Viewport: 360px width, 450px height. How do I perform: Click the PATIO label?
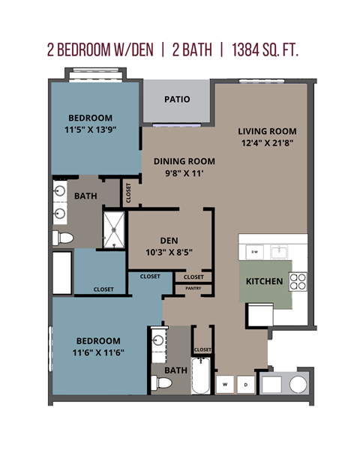point(177,99)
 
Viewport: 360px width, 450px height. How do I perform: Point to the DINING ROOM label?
point(184,161)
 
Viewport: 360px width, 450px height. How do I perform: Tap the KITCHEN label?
point(265,282)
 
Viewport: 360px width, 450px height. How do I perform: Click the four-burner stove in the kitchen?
point(298,281)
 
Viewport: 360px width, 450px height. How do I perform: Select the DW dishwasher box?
point(255,252)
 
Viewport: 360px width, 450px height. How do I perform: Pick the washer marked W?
point(224,385)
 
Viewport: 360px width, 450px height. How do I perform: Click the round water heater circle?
point(298,384)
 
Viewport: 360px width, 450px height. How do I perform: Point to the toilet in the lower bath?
point(161,383)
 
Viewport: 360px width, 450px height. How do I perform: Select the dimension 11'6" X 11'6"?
point(97,352)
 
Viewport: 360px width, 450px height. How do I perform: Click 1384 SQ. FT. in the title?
point(267,49)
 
